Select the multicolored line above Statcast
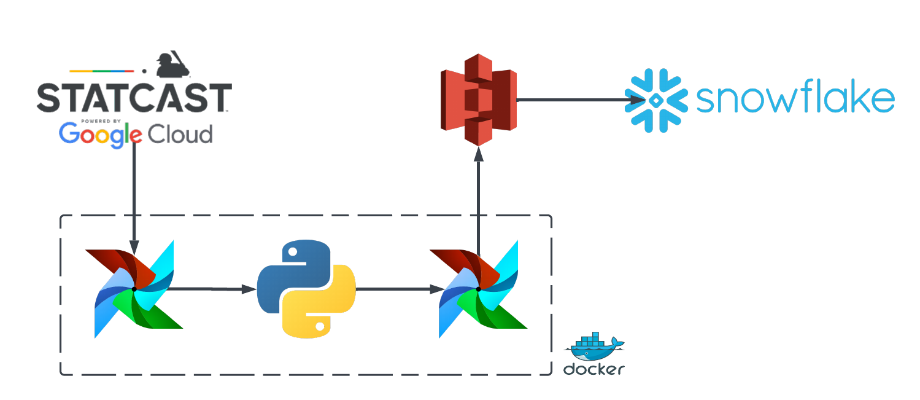(x=102, y=71)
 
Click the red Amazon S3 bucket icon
(x=479, y=100)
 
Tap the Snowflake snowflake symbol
(x=655, y=100)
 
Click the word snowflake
(x=795, y=100)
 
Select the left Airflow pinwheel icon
(x=134, y=289)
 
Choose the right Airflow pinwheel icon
(x=479, y=289)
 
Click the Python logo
(x=306, y=288)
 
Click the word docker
(x=593, y=369)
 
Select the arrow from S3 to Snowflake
(x=577, y=100)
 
